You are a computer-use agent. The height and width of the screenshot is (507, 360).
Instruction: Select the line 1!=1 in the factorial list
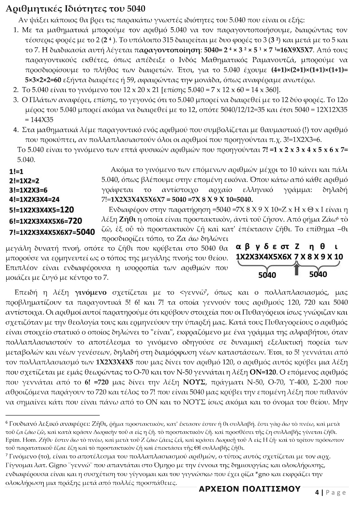[x=16, y=172]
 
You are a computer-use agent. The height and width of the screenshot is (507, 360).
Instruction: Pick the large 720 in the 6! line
[x=75, y=220]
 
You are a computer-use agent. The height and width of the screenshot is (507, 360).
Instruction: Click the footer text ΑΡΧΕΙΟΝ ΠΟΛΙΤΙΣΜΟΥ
[x=249, y=489]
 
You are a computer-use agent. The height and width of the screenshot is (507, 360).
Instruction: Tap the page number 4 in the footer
[x=317, y=492]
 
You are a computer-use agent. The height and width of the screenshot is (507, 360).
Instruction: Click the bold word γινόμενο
[x=91, y=292]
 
